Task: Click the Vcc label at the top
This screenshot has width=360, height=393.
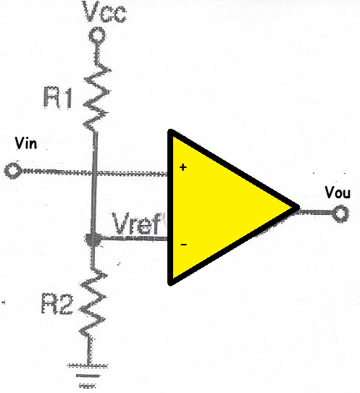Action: coord(105,12)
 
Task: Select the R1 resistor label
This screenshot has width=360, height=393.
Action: coord(58,98)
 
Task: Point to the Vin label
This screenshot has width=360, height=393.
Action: coord(26,143)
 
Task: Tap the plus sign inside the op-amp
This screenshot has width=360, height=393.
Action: coord(183,167)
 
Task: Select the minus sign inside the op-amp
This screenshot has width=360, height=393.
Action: coord(184,245)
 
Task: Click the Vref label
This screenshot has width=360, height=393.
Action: coord(137,224)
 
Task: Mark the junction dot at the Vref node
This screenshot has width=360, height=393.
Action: coord(93,240)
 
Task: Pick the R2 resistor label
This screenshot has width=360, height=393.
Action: coord(57,303)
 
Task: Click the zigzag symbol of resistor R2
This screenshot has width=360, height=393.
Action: coord(93,303)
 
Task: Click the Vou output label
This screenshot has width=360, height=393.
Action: coord(338,193)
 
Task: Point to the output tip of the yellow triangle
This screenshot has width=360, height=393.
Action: coord(299,207)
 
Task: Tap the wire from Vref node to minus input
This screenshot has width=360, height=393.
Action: coord(134,239)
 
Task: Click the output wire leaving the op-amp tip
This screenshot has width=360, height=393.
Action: coord(317,213)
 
